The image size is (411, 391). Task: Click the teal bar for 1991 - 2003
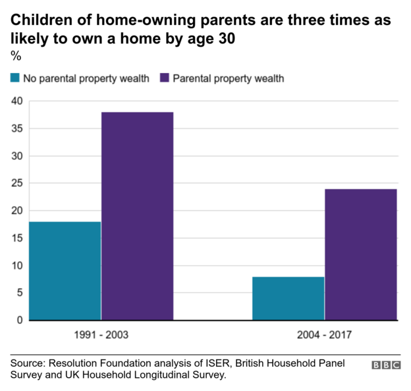[65, 271]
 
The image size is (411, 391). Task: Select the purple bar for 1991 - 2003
[137, 216]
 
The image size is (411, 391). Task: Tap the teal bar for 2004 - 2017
[288, 298]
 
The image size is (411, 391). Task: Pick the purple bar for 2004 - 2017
[360, 254]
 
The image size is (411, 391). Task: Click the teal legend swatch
[14, 79]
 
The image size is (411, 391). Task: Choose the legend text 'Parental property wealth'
[228, 79]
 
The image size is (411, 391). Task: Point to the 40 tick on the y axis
[16, 101]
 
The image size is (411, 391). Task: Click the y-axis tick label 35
[16, 129]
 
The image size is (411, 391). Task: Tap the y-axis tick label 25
[16, 184]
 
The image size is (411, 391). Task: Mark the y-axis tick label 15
[16, 238]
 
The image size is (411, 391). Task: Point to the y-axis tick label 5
[19, 293]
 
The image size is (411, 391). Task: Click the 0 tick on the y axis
[19, 321]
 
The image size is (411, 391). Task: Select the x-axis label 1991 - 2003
[101, 335]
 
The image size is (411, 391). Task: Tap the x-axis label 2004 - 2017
[324, 335]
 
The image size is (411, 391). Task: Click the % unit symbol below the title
[16, 57]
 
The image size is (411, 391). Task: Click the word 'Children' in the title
[40, 20]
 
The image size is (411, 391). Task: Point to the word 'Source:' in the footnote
[28, 363]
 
